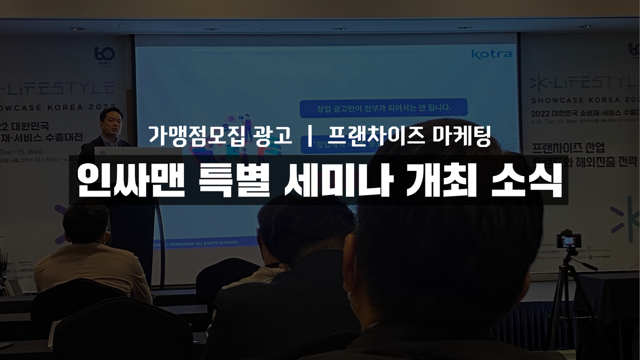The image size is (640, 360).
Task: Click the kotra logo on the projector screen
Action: click(x=491, y=53)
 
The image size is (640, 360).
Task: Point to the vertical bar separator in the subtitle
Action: click(x=310, y=135)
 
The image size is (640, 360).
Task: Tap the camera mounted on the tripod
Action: click(x=568, y=240)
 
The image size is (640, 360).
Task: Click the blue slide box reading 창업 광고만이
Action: click(x=383, y=107)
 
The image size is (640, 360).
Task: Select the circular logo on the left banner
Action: click(x=104, y=53)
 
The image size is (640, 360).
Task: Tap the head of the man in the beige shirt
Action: click(x=86, y=223)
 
